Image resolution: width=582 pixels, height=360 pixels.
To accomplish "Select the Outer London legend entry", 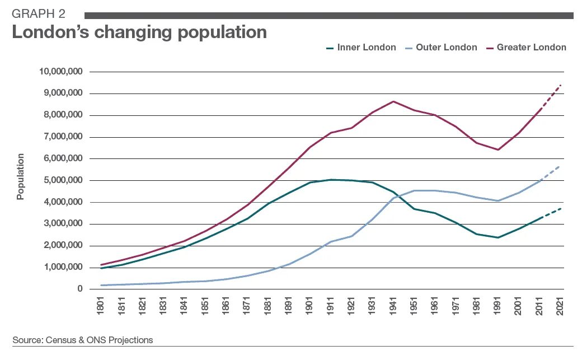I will (x=443, y=48).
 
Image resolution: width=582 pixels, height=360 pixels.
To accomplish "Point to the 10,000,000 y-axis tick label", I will (x=61, y=72).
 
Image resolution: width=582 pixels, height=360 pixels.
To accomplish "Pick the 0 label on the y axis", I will (x=81, y=289).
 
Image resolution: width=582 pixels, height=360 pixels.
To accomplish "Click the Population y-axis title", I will (x=21, y=177).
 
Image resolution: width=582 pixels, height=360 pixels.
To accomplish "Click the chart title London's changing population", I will (x=139, y=32).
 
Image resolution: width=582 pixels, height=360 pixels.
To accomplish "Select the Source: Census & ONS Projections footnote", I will (x=83, y=340).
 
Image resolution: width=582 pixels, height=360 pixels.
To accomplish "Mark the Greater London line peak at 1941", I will (x=393, y=101).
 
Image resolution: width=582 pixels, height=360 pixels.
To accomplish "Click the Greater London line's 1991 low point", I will (x=497, y=149).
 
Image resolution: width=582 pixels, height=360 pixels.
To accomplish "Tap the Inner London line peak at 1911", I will (x=331, y=180).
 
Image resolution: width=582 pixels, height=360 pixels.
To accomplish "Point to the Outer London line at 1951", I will (x=414, y=190).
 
